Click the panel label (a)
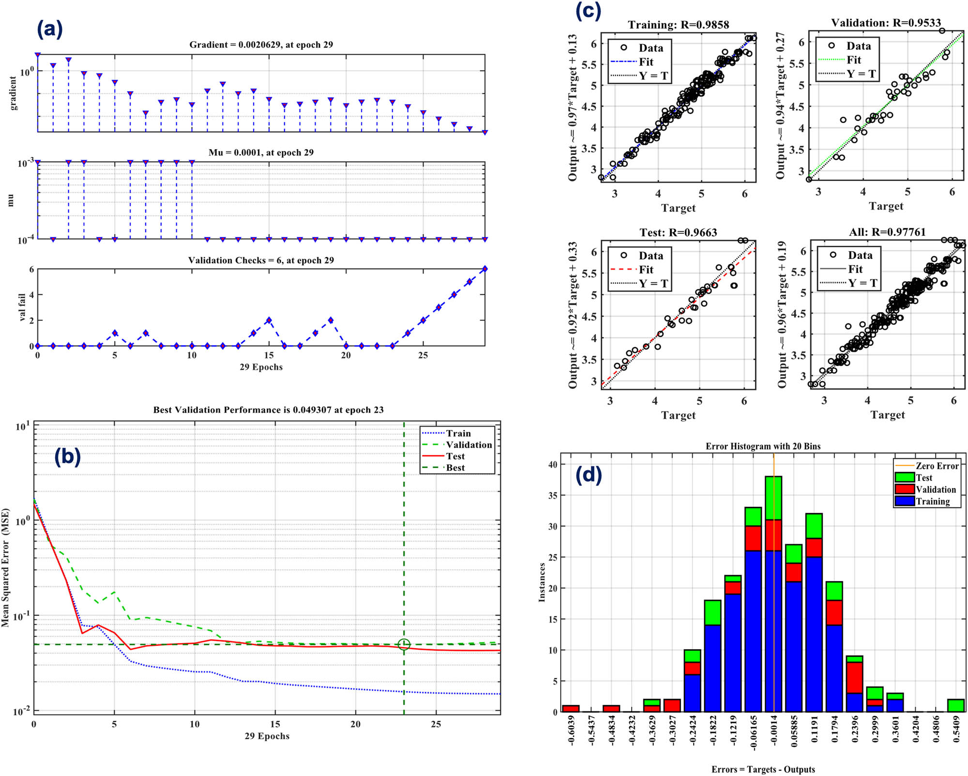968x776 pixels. click(50, 30)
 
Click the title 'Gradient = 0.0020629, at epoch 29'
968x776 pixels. click(261, 45)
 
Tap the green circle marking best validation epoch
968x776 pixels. click(404, 644)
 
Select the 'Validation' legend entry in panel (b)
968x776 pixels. click(468, 445)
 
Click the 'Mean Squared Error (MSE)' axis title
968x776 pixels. click(6, 567)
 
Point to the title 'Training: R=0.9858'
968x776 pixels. click(678, 25)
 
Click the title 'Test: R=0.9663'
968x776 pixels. click(678, 232)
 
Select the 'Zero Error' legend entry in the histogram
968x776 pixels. click(937, 466)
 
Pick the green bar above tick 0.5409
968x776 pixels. click(956, 705)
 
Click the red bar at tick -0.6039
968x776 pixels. click(571, 709)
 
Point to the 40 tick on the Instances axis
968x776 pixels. click(553, 464)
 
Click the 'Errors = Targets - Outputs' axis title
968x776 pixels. click(763, 769)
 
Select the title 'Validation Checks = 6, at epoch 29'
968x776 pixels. click(261, 260)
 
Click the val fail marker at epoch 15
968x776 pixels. click(269, 320)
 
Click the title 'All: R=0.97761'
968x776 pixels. click(887, 232)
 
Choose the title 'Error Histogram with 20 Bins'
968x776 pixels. click(763, 446)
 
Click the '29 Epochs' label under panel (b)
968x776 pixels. click(267, 736)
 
